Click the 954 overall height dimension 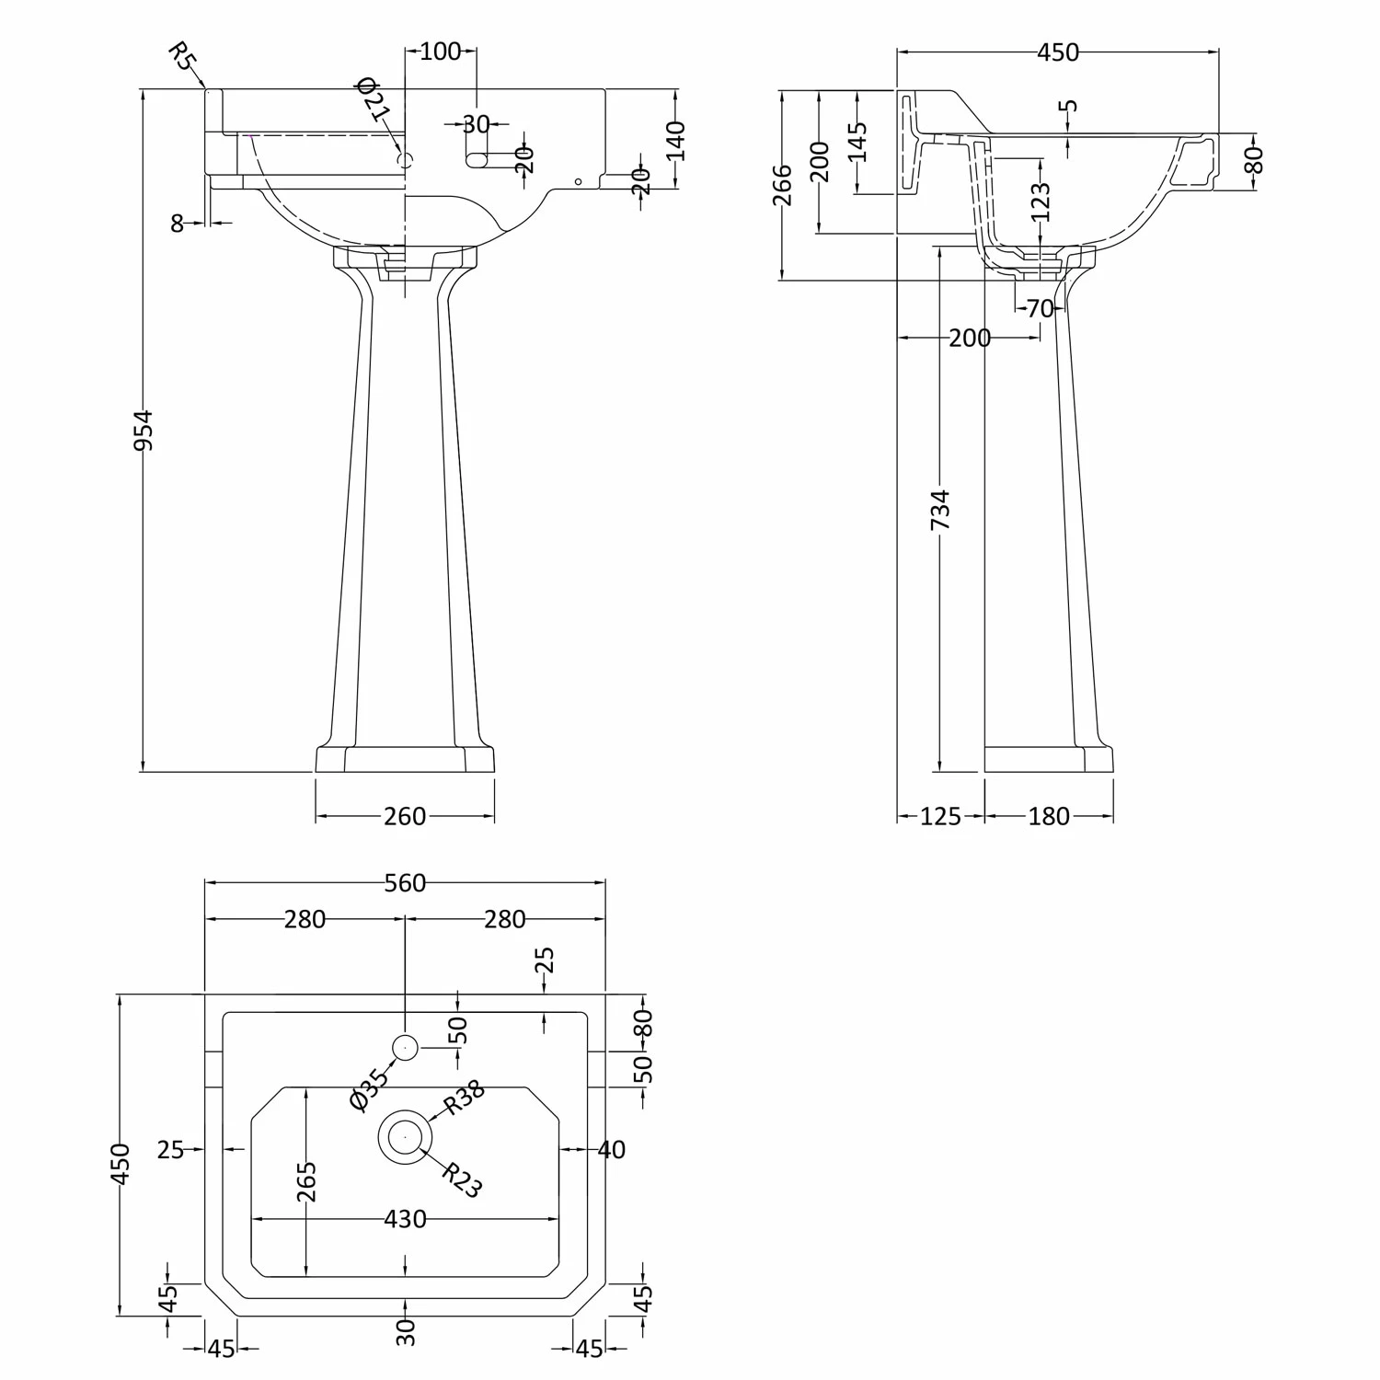pos(144,431)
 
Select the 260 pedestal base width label pos(405,816)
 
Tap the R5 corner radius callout pos(183,57)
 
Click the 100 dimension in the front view pos(440,52)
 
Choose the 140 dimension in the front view pos(675,141)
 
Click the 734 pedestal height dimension pos(940,511)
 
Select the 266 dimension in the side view pos(782,184)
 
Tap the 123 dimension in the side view pos(1041,202)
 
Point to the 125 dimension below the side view pos(940,816)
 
